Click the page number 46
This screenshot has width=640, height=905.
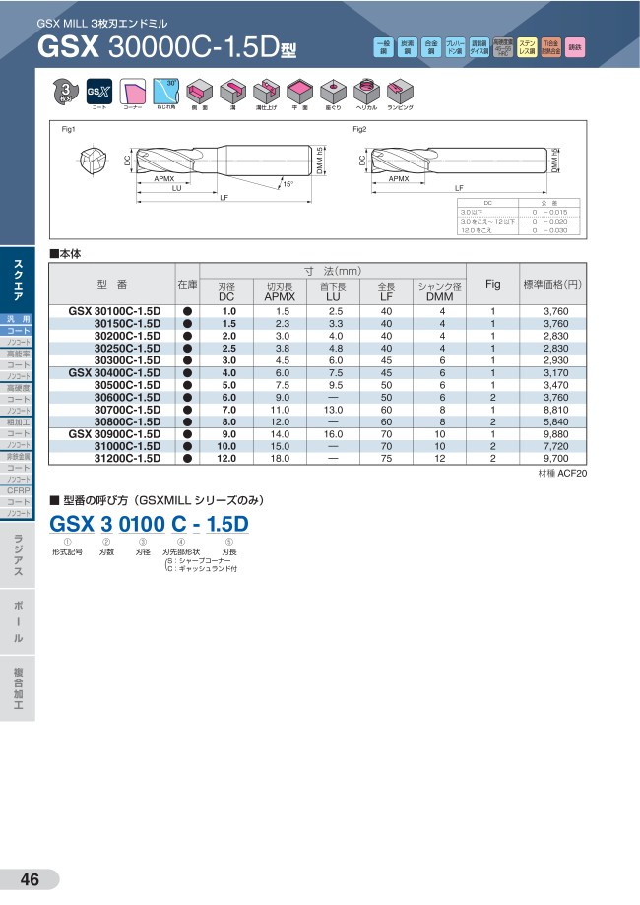[30, 880]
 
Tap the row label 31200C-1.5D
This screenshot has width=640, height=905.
[127, 458]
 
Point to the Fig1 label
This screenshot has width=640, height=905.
[69, 129]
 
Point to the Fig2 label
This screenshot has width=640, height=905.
[359, 129]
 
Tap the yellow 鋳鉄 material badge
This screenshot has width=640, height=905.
[576, 46]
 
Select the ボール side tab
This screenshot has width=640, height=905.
[18, 620]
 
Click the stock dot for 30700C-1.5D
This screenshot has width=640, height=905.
[187, 409]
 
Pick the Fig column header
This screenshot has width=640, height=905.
[493, 284]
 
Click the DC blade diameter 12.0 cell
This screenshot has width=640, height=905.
[228, 458]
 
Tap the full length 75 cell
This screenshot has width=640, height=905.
[386, 458]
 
